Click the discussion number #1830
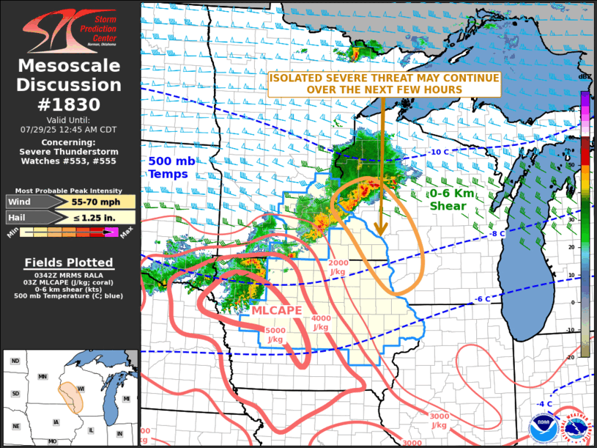click(70, 104)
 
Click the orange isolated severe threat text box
click(384, 84)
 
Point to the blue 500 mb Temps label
click(168, 167)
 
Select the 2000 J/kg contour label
click(339, 268)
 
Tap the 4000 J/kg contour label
click(321, 323)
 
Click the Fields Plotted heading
click(69, 262)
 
